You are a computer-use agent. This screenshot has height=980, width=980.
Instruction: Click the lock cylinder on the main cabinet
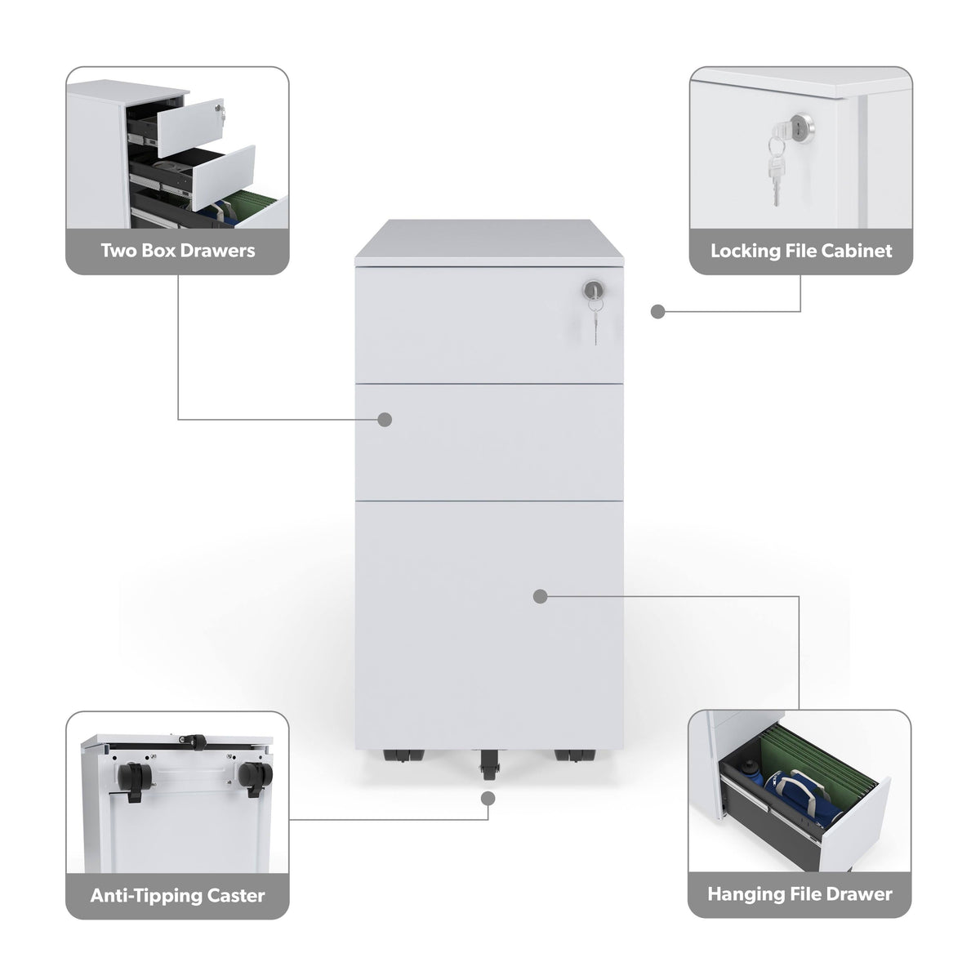[x=593, y=290]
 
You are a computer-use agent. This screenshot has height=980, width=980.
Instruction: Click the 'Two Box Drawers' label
[x=177, y=251]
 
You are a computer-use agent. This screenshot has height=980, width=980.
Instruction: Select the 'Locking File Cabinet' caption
[x=801, y=251]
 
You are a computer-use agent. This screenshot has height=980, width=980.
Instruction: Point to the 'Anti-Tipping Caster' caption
[x=177, y=896]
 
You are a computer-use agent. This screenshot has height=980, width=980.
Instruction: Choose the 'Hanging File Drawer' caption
[x=800, y=894]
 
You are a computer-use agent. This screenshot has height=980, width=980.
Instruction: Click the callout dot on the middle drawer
[x=385, y=420]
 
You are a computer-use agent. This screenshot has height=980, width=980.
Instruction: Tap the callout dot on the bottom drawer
[x=540, y=596]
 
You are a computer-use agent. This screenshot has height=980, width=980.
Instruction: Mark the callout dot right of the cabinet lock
[x=657, y=312]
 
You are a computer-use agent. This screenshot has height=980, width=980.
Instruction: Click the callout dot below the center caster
[x=488, y=799]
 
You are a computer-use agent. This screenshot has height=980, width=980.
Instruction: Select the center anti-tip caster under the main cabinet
[x=488, y=764]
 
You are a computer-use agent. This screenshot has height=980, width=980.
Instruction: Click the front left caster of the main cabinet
[x=403, y=755]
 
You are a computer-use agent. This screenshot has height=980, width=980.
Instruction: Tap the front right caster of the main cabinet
[x=575, y=755]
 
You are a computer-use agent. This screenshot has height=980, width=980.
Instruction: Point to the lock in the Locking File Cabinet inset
[x=802, y=125]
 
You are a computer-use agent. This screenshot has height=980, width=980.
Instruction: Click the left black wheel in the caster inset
[x=134, y=779]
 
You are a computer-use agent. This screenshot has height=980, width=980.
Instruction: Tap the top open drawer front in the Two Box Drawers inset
[x=191, y=127]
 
